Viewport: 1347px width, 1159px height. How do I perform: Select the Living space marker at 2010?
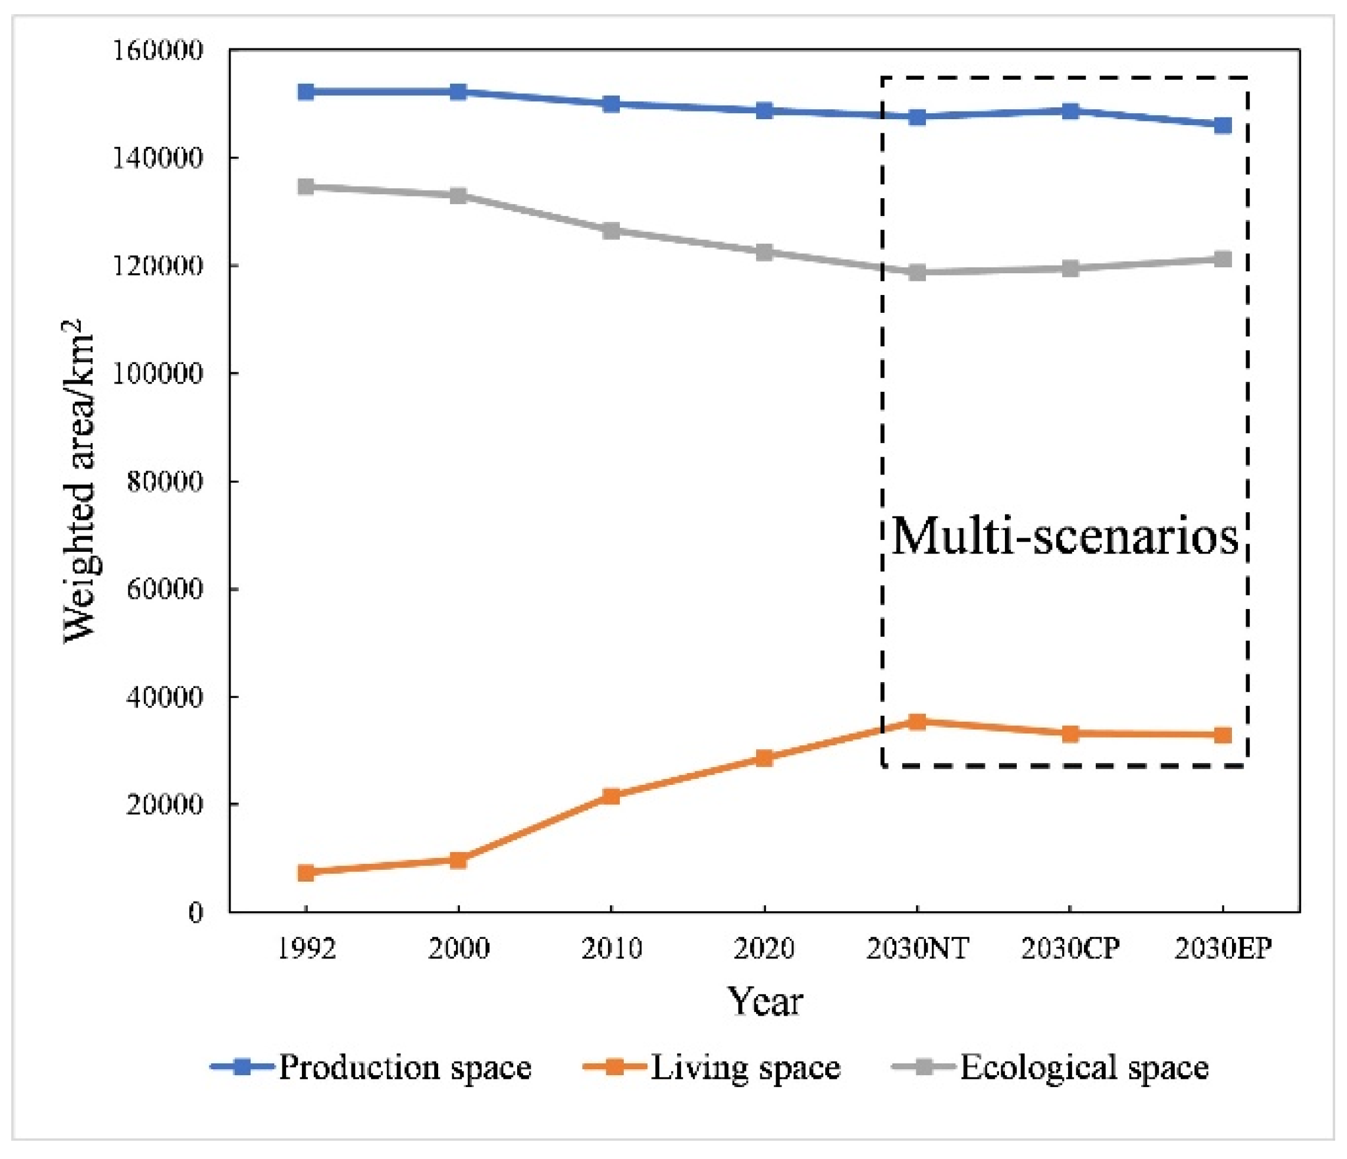point(611,797)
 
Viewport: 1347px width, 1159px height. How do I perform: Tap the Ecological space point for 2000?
point(458,196)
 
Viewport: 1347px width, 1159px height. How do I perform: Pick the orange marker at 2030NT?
point(917,722)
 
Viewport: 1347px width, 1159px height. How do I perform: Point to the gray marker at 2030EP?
point(1223,260)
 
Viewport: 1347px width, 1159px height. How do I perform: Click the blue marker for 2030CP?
point(1070,111)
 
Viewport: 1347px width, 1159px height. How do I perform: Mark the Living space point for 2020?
point(764,758)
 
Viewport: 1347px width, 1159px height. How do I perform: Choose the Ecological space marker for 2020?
point(764,253)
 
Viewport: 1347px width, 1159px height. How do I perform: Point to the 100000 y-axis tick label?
point(158,374)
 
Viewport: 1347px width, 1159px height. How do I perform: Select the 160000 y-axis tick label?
point(158,51)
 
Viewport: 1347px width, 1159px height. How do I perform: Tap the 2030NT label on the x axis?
point(917,949)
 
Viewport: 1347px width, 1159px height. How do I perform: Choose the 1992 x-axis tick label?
point(305,949)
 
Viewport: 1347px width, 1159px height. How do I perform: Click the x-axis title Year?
point(764,1001)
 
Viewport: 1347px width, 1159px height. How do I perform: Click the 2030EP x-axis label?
point(1223,949)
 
